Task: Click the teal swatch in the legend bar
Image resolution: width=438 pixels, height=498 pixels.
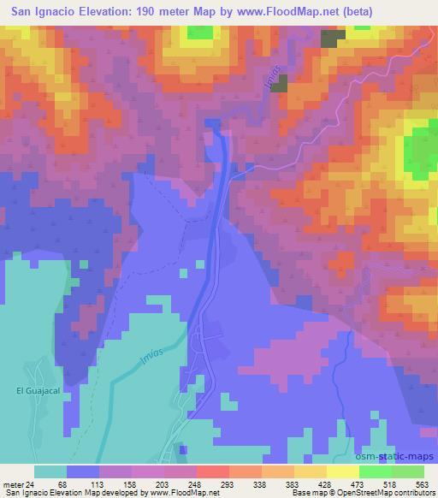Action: pyautogui.click(x=50, y=471)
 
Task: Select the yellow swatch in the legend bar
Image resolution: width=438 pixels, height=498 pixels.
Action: pyautogui.click(x=343, y=471)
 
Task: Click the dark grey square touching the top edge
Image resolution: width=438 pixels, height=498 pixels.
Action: pyautogui.click(x=333, y=38)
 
